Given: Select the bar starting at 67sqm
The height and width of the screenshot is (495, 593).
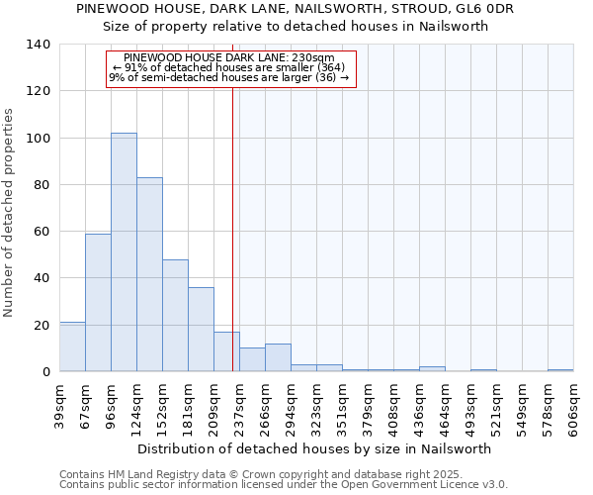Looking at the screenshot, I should point(98,302).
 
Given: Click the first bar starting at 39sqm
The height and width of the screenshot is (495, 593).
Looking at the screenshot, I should point(72,346).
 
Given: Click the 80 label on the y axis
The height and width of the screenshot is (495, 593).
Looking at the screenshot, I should point(42,184).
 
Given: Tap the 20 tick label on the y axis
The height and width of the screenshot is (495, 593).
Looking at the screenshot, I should point(42,325).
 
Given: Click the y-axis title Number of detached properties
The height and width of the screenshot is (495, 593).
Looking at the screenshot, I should point(10,213).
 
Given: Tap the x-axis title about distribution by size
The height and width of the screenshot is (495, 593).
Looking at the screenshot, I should point(314,448).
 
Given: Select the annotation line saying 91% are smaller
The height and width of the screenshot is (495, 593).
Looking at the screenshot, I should point(229,67).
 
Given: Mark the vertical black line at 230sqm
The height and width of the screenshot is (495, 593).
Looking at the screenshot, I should point(232,228).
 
